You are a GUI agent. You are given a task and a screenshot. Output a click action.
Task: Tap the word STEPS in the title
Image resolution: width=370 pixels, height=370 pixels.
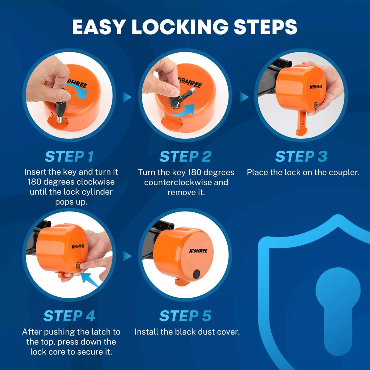coord(265,27)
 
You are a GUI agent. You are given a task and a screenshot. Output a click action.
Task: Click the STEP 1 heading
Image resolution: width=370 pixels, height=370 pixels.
coord(69,157)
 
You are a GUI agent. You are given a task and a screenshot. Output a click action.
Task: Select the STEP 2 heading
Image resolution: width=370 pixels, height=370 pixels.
coord(185,157)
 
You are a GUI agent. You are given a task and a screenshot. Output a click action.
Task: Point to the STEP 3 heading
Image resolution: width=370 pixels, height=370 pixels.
coord(301,157)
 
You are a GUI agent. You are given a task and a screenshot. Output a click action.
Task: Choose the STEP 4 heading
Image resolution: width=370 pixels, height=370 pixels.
coord(69,316)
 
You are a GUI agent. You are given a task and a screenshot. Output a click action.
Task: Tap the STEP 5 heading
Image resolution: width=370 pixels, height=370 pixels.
coord(185,316)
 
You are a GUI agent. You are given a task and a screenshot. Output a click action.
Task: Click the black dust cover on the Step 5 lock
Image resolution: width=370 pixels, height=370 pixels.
coord(196,273)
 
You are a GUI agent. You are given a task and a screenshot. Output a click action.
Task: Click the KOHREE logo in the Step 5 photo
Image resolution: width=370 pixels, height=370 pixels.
coord(198,251)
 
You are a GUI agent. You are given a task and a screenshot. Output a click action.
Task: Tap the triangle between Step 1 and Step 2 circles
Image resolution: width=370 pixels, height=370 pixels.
coord(127,97)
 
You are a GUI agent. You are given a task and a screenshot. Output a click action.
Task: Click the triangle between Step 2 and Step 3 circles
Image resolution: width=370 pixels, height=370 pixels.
coord(244,97)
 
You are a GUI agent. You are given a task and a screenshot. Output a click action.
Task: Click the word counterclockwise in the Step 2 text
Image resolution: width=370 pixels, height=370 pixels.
coord(178,182)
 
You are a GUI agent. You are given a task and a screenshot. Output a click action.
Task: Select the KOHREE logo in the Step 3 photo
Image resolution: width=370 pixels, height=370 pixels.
coord(316,86)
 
